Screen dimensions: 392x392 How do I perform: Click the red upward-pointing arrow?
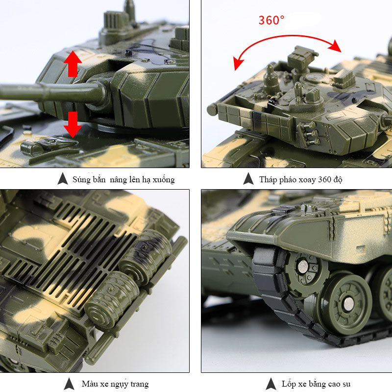coord(73,64)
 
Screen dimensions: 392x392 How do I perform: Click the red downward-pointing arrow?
coord(73,124)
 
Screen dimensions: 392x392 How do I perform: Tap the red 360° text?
coord(271,20)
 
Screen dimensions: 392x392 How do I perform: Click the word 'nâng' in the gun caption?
coord(118,179)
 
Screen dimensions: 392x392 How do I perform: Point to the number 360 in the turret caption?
coord(325,179)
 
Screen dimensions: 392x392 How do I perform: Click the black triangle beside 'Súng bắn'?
coord(63,178)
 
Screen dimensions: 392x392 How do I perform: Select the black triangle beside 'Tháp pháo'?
coord(248,178)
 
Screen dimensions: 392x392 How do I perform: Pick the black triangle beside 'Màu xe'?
coord(69,384)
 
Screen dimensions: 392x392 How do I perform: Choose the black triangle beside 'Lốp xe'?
coord(271,384)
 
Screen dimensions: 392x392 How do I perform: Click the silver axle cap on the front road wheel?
coord(348,303)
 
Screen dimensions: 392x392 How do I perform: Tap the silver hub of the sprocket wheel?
coord(303,266)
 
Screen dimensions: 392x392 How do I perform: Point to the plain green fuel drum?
coord(112,299)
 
